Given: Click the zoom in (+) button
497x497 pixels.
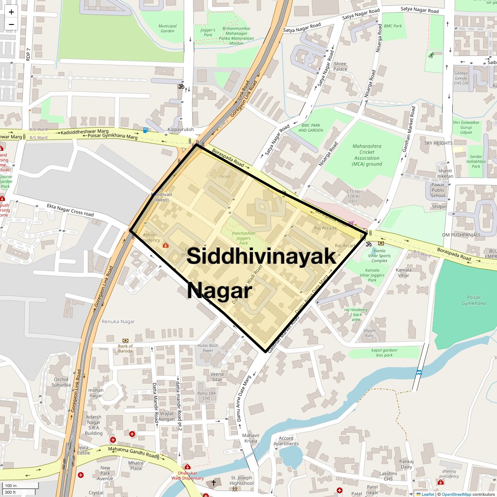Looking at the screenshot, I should point(11,12).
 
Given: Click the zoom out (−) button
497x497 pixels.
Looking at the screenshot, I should point(11,24).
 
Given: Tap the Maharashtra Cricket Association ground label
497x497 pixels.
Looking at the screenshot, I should point(367,155).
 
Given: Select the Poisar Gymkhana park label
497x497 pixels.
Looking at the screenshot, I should point(473,300).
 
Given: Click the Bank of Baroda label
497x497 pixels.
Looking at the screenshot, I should point(125,348).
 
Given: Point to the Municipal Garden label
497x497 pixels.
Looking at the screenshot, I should point(167,28).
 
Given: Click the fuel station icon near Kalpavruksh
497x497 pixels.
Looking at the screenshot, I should point(145,130).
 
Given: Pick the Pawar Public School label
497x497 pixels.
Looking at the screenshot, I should point(438,190).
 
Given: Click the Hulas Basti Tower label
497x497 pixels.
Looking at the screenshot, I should point(208,348).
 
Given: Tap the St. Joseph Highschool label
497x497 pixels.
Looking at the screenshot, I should point(241,480).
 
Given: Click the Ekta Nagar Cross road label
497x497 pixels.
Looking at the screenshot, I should point(70,210).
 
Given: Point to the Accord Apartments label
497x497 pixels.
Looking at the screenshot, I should point(286,441).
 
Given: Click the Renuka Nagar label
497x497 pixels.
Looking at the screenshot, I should point(118,321).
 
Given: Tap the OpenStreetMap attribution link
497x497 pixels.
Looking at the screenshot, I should point(456,494).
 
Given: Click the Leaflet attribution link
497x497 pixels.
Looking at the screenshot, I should point(428,494).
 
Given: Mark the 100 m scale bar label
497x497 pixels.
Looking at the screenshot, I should point(11,486).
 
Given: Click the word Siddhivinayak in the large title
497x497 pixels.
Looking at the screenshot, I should point(261,257).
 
